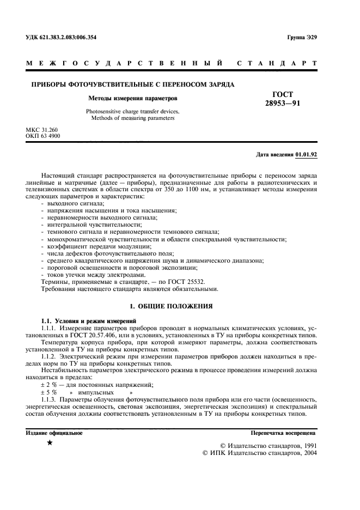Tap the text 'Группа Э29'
pos(302,38)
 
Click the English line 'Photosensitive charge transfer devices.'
pos(133,112)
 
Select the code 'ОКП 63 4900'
pos(43,136)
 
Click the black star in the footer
pos(50,443)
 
